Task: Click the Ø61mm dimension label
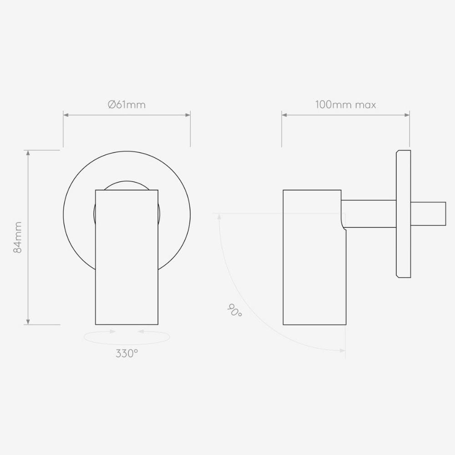click(x=126, y=105)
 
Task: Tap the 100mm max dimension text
click(x=345, y=105)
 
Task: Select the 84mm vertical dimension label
click(x=18, y=237)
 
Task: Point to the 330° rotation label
click(x=126, y=353)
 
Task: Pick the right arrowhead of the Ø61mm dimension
click(x=187, y=115)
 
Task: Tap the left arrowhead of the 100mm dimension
click(x=284, y=115)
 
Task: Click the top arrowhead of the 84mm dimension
click(x=28, y=153)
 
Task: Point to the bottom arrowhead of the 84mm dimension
click(x=28, y=322)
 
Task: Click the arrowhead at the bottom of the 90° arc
click(x=342, y=350)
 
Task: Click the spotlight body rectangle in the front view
click(x=126, y=257)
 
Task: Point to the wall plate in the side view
click(x=404, y=213)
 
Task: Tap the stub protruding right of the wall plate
click(x=428, y=213)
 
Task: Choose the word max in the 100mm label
click(x=366, y=105)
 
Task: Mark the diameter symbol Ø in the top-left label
click(x=111, y=105)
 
